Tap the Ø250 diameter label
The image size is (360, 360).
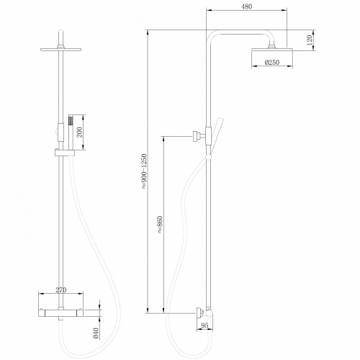pos(271,63)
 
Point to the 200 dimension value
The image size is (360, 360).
pos(81,132)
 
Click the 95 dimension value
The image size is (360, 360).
pos(205,325)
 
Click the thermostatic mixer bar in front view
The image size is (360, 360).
pos(63,307)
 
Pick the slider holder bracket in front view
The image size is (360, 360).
pos(63,153)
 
